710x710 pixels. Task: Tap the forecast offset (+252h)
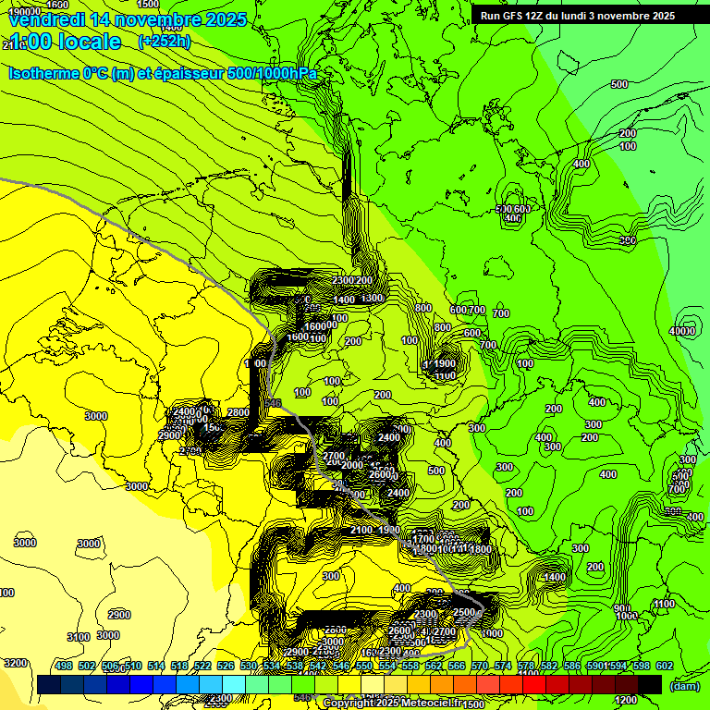coord(165,42)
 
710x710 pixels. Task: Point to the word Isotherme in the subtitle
coord(43,73)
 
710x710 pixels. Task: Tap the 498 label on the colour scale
coord(64,666)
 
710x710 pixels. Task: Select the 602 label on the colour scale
coord(665,666)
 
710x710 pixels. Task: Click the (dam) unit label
coord(684,686)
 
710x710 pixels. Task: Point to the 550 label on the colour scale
coord(364,666)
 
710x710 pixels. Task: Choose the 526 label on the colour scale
coord(226,666)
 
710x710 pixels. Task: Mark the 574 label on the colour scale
coord(503,666)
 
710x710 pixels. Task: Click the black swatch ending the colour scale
coord(650,684)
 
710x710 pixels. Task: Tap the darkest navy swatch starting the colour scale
coord(49,684)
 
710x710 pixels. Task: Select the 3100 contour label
coord(79,637)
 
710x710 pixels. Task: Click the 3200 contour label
coord(15,663)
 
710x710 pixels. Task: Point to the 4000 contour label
coord(682,331)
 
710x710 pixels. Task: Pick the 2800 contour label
coord(239,412)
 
